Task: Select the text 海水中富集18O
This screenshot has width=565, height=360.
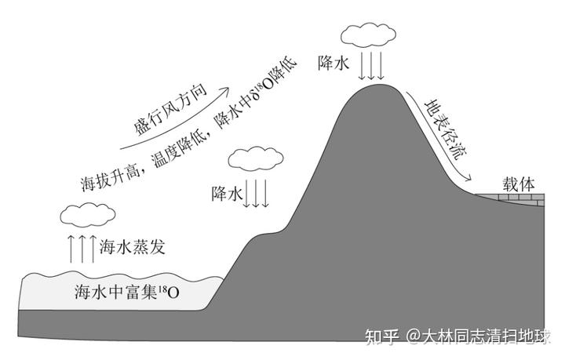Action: click(x=126, y=293)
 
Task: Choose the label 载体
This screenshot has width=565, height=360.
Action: click(x=519, y=184)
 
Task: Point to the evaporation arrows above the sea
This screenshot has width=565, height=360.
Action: click(x=81, y=247)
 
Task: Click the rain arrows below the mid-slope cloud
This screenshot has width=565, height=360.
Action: click(x=257, y=192)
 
